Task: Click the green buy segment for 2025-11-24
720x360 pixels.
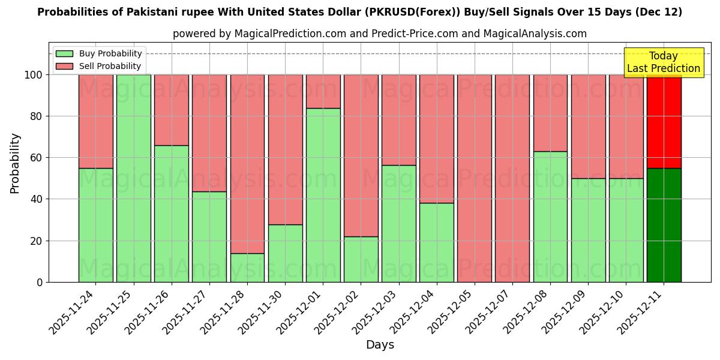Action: (x=95, y=225)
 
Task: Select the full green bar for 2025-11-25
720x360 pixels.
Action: (x=133, y=178)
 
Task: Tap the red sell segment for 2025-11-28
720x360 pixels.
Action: (x=247, y=164)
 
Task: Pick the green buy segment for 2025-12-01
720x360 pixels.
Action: (x=323, y=195)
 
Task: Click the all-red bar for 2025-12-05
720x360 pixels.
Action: (x=475, y=178)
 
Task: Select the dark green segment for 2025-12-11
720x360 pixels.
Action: (x=664, y=225)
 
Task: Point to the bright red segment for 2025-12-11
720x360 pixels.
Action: (x=664, y=121)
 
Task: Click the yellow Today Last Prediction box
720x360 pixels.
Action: (x=664, y=62)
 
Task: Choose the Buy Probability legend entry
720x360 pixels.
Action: (x=98, y=53)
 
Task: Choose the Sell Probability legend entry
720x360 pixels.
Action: (x=98, y=66)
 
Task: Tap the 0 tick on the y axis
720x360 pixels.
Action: (x=39, y=282)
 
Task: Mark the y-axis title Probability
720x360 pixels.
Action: (x=15, y=163)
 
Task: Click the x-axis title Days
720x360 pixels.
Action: (x=380, y=345)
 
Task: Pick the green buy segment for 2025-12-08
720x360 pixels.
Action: (x=550, y=217)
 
